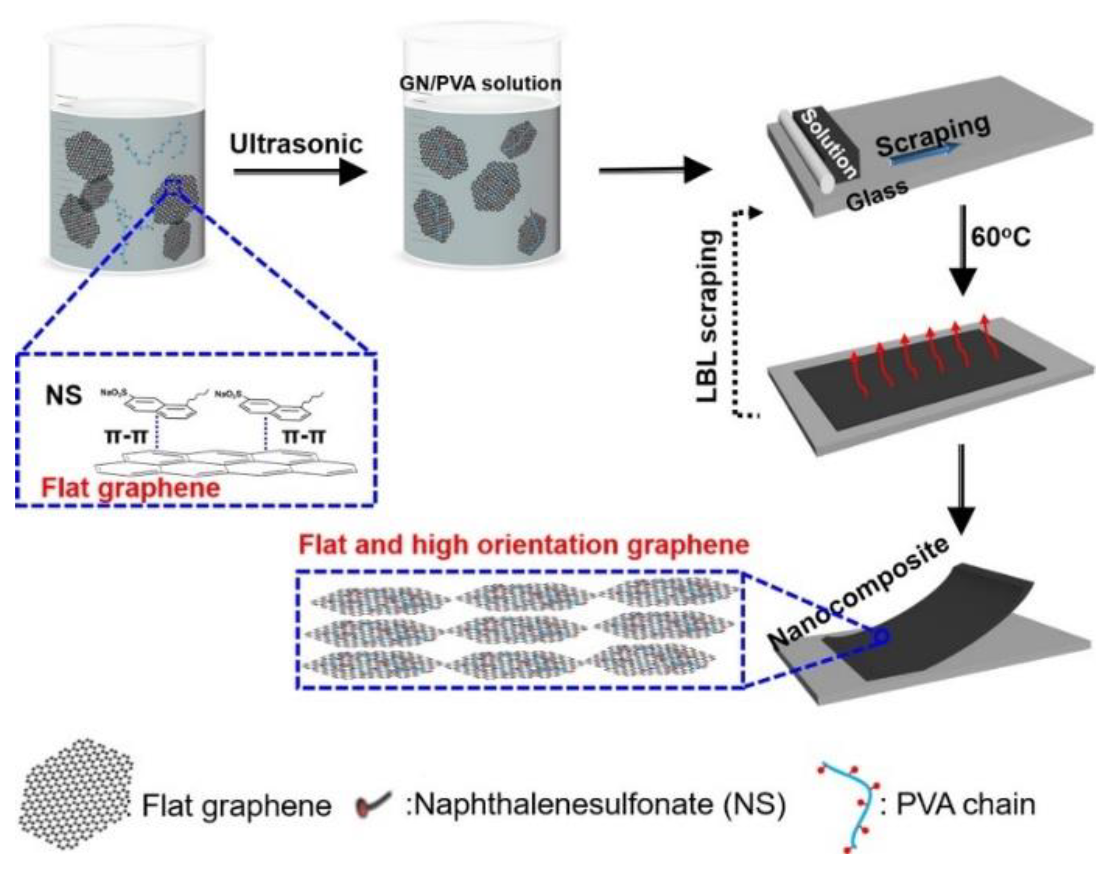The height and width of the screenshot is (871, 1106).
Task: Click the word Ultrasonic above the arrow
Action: point(296,145)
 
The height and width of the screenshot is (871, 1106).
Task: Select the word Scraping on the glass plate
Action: point(933,135)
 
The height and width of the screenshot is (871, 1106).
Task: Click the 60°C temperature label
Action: point(1001,238)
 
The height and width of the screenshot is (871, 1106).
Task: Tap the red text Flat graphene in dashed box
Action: point(131,487)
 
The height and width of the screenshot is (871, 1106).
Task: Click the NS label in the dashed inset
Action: point(64,395)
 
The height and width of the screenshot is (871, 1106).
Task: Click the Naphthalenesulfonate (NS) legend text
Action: point(595,805)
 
